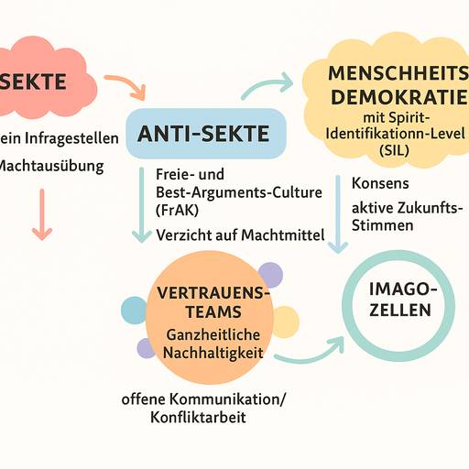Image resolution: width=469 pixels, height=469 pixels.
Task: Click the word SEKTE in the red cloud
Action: pyautogui.click(x=34, y=82)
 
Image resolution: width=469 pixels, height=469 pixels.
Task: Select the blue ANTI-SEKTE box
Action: pyautogui.click(x=204, y=135)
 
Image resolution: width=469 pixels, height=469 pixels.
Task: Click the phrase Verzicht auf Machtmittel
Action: pyautogui.click(x=241, y=235)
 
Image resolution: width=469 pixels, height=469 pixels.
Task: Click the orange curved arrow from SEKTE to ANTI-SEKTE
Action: pyautogui.click(x=126, y=85)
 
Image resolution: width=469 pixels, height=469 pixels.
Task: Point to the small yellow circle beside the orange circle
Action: pyautogui.click(x=285, y=321)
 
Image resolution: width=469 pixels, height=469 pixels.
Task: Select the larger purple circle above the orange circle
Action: pyautogui.click(x=269, y=273)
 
